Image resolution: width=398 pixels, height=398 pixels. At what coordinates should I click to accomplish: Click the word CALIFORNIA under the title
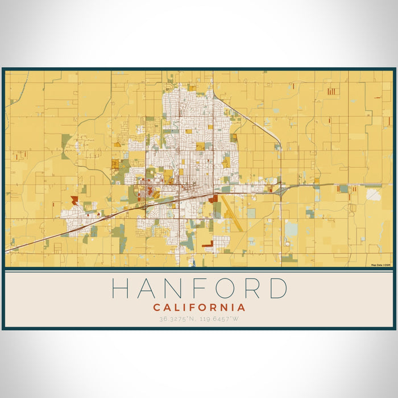pos(199,307)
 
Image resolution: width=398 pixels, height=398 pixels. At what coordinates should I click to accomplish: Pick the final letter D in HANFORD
pos(277,288)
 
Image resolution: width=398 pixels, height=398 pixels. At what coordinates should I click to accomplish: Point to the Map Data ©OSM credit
pos(381,265)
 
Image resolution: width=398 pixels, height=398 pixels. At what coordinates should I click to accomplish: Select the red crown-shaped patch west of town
pos(74,200)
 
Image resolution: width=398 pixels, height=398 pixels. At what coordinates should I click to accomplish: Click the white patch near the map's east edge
pos(374,194)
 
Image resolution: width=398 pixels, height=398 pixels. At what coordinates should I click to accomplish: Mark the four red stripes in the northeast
pos(331,91)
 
